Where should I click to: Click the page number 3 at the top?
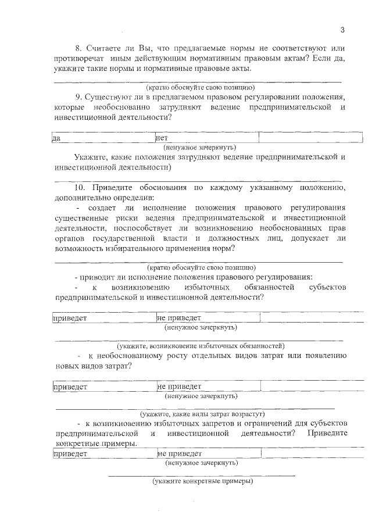click(342, 30)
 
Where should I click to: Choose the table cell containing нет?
click(206, 138)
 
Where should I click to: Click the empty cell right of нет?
click(310, 138)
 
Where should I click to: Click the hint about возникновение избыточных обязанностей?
click(201, 345)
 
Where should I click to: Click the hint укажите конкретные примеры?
click(203, 482)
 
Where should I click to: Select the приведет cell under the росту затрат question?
click(103, 386)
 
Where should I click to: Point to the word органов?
click(70, 238)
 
